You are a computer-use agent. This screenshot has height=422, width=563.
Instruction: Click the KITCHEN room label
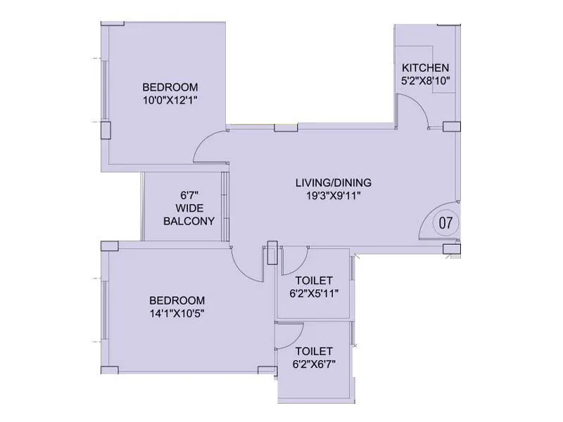(x=425, y=68)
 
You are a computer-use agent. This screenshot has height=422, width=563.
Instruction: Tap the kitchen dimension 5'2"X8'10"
(x=425, y=80)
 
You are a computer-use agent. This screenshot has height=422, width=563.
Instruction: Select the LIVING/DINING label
(x=333, y=183)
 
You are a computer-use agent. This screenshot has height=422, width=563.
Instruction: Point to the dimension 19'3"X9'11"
(x=333, y=196)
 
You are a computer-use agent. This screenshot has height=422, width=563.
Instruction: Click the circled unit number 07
(x=445, y=224)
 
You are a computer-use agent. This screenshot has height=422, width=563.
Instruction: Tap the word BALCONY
(x=189, y=221)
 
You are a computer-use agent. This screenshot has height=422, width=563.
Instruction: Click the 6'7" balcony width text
(x=188, y=195)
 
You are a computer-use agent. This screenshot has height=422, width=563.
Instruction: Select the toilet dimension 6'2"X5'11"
(x=314, y=293)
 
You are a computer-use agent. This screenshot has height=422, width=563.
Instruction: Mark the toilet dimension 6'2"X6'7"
(x=314, y=364)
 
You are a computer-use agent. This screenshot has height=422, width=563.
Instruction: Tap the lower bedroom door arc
(x=246, y=263)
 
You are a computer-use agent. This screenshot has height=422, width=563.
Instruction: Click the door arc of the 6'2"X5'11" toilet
(x=293, y=263)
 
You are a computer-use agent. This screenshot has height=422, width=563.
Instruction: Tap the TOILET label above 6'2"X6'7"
(x=314, y=350)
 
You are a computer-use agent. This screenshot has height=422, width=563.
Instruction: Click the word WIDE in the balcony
(x=189, y=208)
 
